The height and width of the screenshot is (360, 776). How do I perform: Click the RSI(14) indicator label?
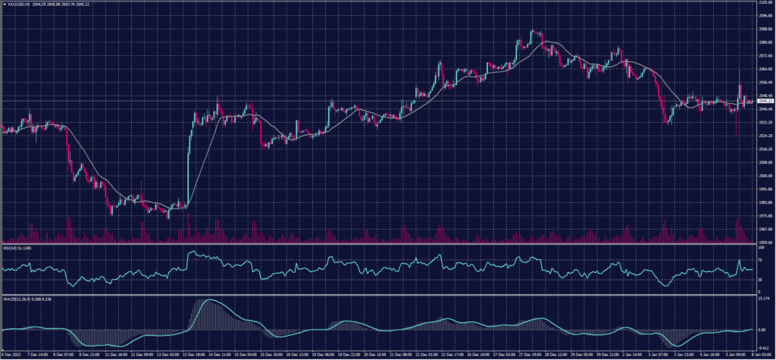tap(11, 247)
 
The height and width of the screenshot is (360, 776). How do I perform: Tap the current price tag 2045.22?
tap(765, 101)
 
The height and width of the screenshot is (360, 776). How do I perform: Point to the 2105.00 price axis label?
tap(765, 3)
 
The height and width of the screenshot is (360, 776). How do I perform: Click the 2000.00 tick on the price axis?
tap(765, 175)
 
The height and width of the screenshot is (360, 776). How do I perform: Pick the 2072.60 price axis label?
tap(765, 55)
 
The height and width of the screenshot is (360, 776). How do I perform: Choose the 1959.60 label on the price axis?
tap(765, 242)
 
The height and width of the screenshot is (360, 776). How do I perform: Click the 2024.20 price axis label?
tap(765, 135)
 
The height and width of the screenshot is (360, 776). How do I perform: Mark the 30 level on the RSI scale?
tap(760, 279)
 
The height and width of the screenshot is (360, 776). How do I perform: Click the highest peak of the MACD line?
tap(208, 300)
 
